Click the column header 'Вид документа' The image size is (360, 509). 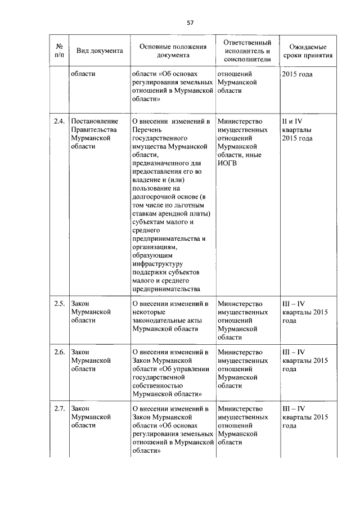100,51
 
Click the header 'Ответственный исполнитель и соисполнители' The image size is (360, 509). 247,51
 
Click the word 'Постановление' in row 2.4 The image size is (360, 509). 94,121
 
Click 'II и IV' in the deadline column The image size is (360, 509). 292,121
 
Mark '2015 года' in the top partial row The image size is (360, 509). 298,74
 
